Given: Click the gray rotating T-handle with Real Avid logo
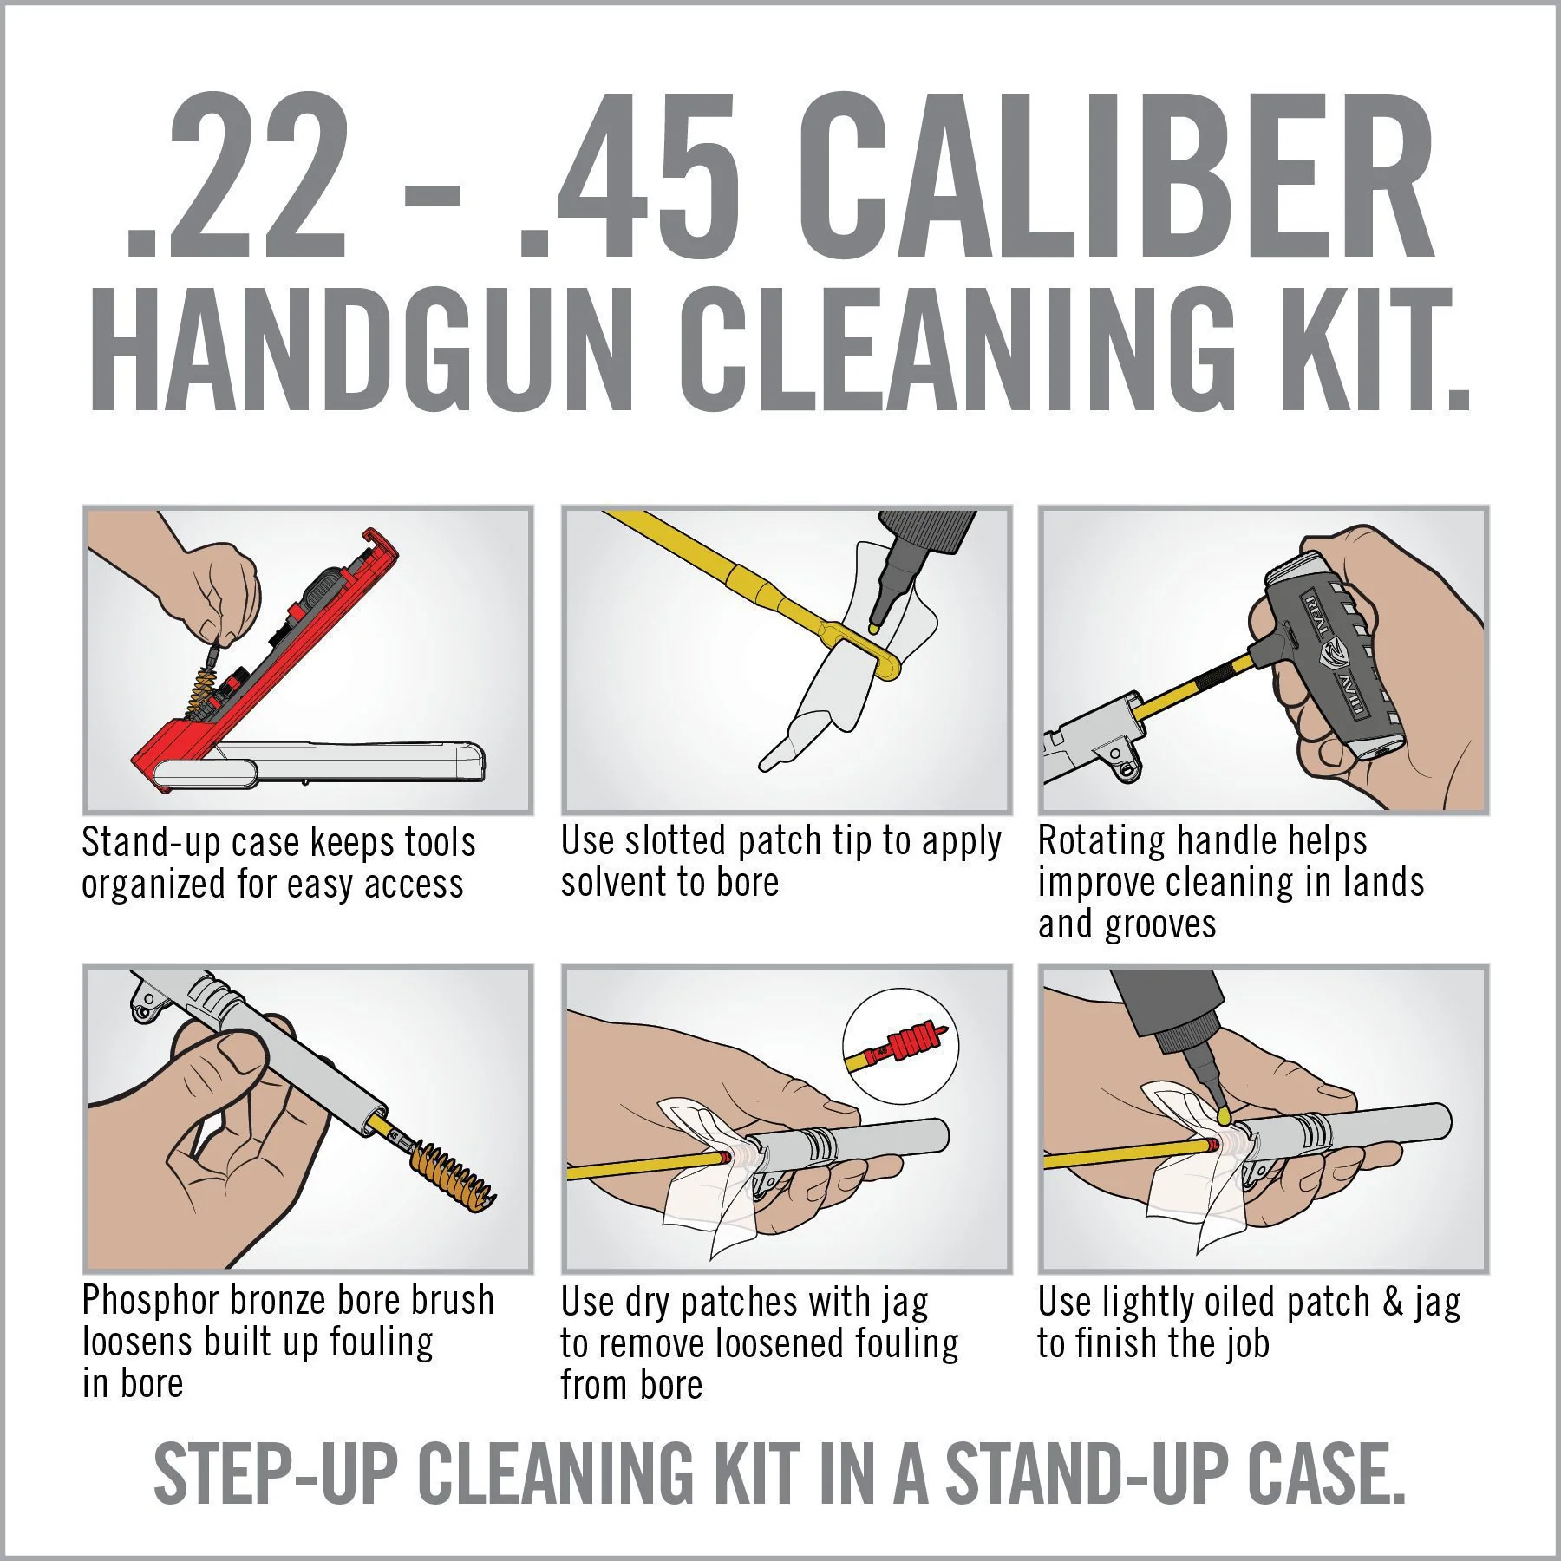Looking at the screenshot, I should [1327, 659].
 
